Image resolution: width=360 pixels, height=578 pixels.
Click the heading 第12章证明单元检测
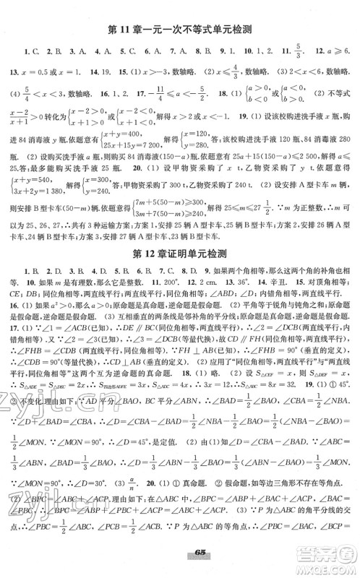click(x=181, y=250)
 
